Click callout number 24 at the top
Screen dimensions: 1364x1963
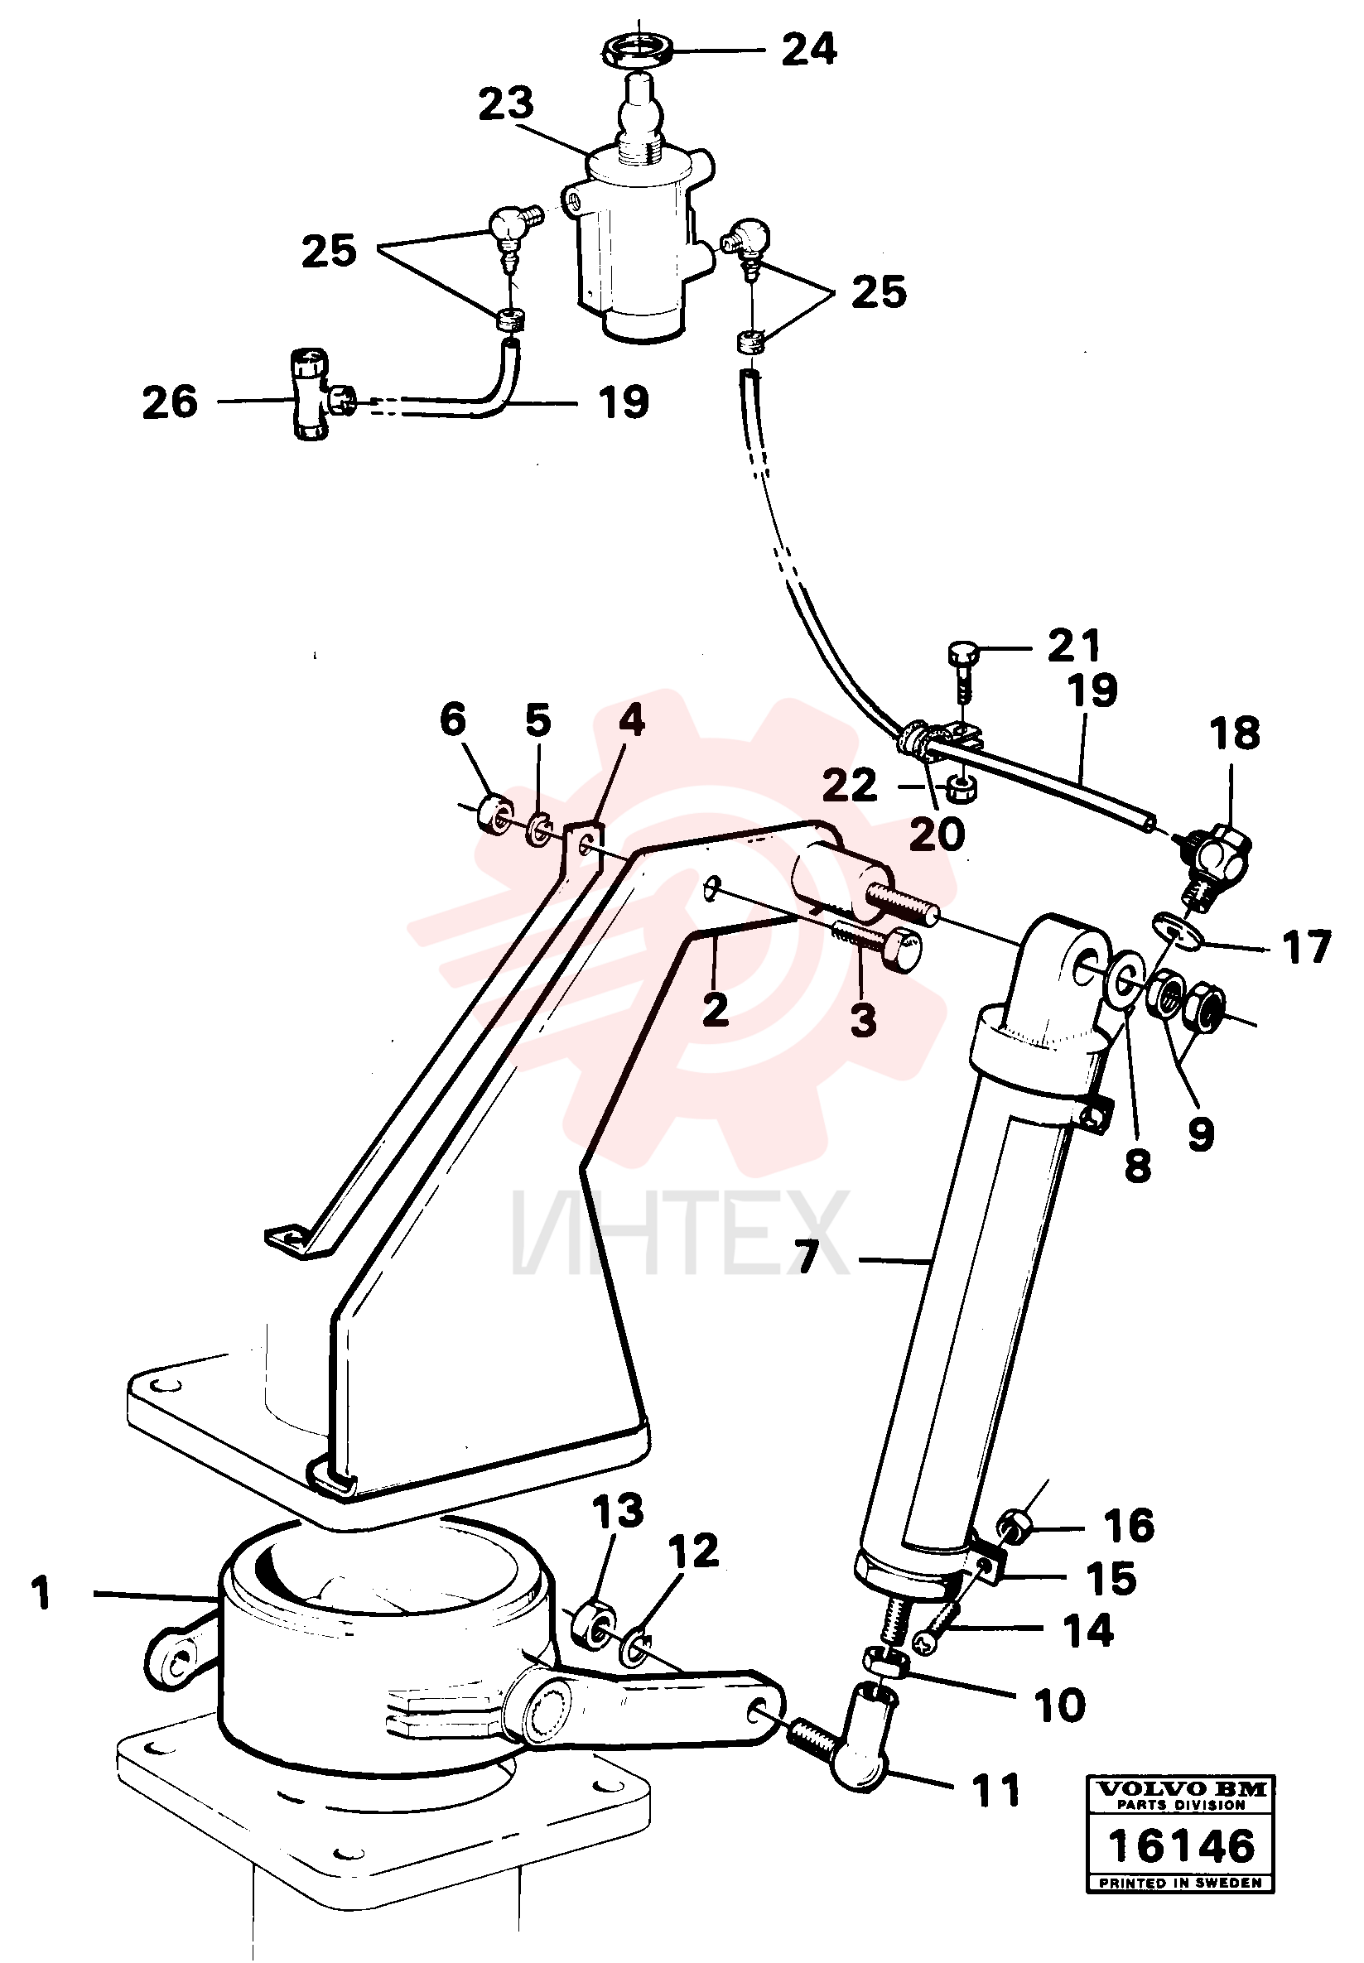tap(808, 51)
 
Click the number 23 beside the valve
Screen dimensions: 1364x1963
tap(505, 104)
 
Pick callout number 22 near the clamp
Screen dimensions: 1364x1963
tap(850, 786)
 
